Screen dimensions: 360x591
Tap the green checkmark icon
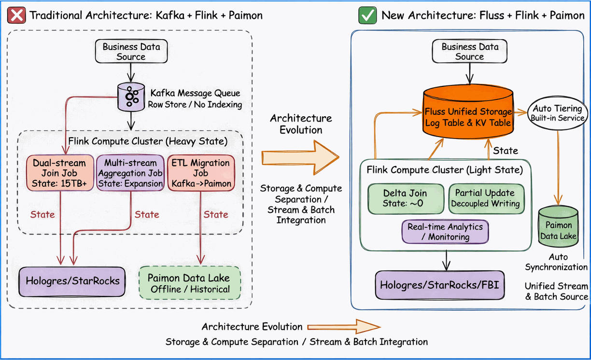point(368,15)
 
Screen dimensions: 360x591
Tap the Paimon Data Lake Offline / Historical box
point(189,283)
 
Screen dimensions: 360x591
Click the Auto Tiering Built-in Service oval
point(558,113)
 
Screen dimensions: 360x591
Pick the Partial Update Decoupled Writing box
point(485,198)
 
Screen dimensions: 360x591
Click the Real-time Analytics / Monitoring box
point(445,232)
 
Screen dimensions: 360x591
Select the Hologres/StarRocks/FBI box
point(439,285)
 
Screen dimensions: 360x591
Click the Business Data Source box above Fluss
point(469,52)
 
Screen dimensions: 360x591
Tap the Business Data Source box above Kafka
point(131,52)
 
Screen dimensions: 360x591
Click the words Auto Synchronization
point(557,262)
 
